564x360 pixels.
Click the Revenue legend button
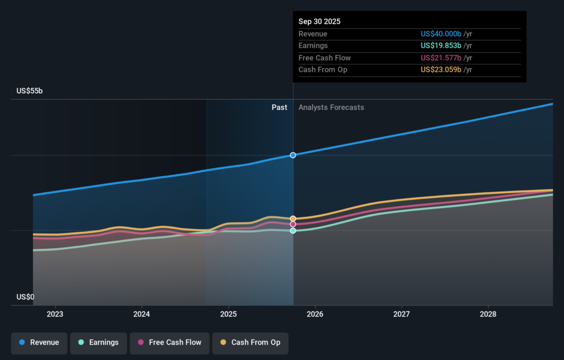[x=39, y=342]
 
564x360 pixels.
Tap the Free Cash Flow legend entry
[x=169, y=342]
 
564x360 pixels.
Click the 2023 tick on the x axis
[x=55, y=314]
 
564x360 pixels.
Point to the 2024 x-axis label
[x=142, y=314]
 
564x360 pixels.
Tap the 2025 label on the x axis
[x=228, y=314]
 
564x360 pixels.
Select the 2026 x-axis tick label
[x=314, y=314]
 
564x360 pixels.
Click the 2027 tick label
[x=402, y=314]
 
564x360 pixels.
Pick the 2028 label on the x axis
[x=488, y=314]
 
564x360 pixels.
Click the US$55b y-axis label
[x=29, y=91]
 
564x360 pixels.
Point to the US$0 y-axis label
[x=25, y=297]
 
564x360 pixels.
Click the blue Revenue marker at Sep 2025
[x=293, y=155]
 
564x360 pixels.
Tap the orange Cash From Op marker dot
[x=293, y=219]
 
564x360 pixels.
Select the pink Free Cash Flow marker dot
[x=293, y=225]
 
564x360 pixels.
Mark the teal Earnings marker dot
[x=293, y=231]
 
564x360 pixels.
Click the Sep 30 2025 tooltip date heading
[x=319, y=22]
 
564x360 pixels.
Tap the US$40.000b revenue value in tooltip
[x=441, y=34]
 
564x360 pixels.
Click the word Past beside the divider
[x=279, y=107]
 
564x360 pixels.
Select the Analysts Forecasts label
[x=331, y=107]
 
